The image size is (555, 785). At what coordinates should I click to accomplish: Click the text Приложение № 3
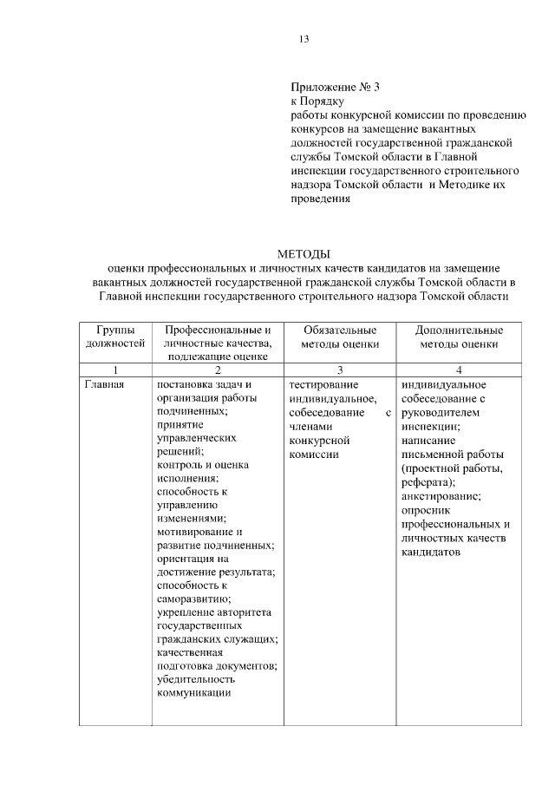(x=336, y=88)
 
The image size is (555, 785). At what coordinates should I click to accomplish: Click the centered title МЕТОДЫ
(x=304, y=254)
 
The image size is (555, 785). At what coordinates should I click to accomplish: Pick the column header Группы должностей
(x=115, y=337)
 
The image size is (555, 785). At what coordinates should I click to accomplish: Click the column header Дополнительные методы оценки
(x=459, y=337)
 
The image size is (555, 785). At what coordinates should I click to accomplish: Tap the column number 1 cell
(x=115, y=370)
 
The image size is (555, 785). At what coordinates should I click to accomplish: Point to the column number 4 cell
(x=459, y=370)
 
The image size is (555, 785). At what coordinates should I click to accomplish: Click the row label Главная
(x=106, y=384)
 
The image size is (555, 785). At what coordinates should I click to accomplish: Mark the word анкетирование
(x=441, y=496)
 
